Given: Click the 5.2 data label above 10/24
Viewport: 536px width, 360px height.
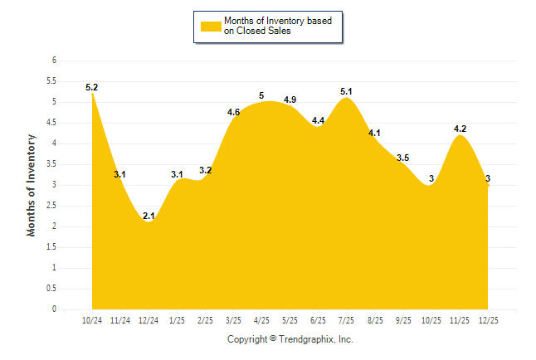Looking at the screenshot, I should click(91, 87).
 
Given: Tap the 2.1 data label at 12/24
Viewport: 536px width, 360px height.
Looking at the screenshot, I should click(149, 216).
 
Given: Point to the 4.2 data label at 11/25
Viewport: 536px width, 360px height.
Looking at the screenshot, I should click(460, 129).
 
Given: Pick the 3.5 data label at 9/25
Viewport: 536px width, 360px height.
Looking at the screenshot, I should click(403, 158).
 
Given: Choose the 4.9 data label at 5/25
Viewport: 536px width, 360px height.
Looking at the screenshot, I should click(290, 100).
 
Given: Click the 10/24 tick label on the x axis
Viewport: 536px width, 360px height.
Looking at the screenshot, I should click(92, 320).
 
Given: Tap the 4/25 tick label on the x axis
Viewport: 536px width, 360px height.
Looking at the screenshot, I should click(262, 320).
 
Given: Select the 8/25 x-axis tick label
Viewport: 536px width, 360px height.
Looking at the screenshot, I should click(375, 320).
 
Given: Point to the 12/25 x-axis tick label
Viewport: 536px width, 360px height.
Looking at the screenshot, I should click(489, 320).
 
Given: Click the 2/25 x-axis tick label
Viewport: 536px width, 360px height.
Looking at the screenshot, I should click(205, 320).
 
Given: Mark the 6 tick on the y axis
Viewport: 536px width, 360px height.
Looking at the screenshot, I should click(54, 61).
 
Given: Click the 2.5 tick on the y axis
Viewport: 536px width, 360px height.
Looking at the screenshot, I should click(51, 206).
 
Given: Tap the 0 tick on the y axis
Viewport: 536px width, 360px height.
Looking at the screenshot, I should click(54, 309).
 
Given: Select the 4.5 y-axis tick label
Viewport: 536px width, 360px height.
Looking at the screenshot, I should click(51, 123).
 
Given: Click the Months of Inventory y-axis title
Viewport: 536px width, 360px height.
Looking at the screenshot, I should click(32, 185).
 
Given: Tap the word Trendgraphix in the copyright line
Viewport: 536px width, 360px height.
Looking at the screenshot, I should click(305, 339).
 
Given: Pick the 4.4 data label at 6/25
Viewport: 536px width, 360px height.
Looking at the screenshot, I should click(319, 121).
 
